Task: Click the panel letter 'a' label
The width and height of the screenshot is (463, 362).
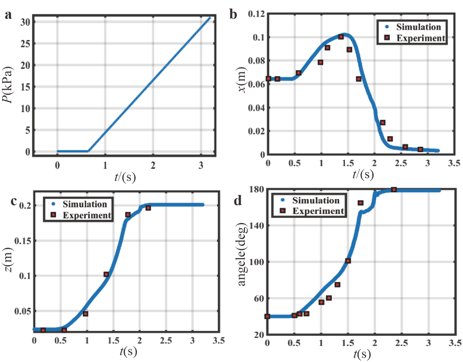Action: (x=8, y=15)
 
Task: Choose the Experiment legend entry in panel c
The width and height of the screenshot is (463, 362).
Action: (x=87, y=215)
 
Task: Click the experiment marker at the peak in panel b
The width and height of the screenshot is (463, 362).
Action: (x=341, y=37)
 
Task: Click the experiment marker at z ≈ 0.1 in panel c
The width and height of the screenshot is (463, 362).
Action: (x=106, y=274)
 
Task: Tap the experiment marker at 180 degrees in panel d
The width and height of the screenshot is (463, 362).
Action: (x=394, y=190)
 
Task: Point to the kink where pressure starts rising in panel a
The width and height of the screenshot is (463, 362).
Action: (x=88, y=151)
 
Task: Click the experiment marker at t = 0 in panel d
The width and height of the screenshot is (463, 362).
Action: (x=267, y=317)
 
